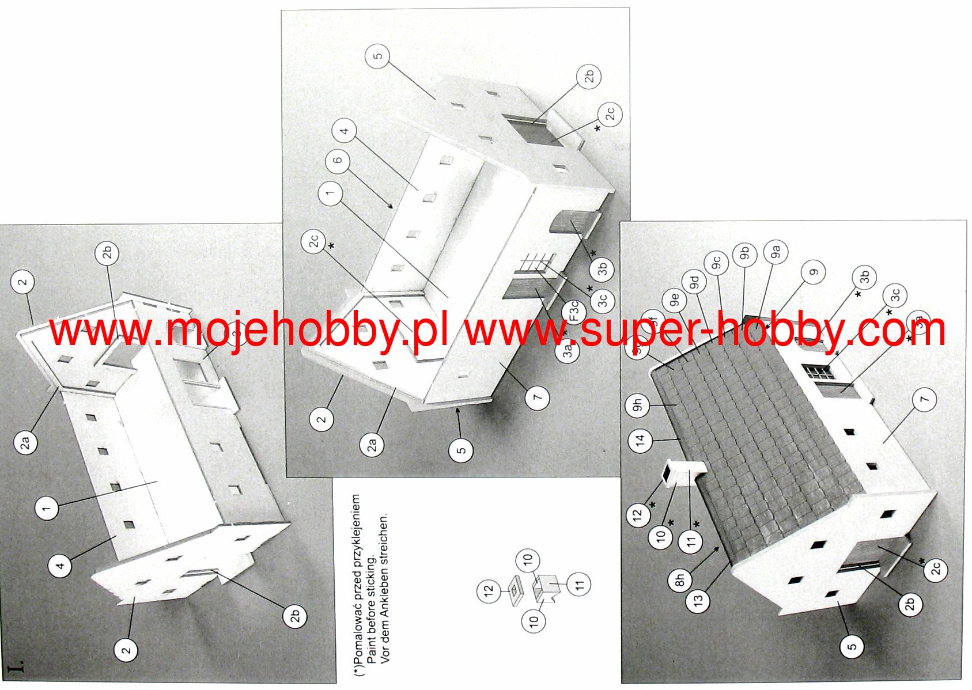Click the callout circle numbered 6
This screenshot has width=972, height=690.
pos(338,160)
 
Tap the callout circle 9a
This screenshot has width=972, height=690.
pos(775,252)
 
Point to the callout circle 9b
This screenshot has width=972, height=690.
pos(744,253)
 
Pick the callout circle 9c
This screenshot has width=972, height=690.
pos(716,263)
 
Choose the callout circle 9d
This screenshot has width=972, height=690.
pos(694,282)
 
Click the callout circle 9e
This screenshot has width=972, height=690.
pos(674,299)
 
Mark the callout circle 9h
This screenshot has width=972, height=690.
pos(637,406)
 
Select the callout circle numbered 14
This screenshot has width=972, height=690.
pos(640,441)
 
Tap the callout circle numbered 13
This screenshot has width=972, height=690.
pos(698,601)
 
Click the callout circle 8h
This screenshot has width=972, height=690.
pos(680,580)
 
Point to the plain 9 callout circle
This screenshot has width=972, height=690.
pos(814,272)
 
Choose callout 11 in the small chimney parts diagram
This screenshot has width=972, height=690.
pos(579,584)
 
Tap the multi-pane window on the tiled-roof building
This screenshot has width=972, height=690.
pos(819,371)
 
